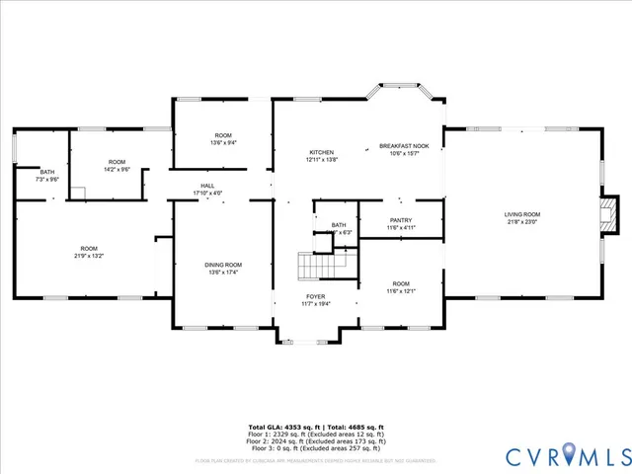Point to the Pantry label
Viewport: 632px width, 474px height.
pos(401,220)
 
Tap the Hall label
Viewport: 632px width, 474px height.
pos(207,186)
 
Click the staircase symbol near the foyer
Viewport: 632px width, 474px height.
pos(317,267)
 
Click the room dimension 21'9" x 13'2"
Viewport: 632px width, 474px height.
pos(89,256)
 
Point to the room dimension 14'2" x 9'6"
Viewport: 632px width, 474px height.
pos(118,170)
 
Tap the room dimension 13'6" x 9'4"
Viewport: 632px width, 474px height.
pos(223,143)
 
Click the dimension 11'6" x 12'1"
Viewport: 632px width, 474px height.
pos(401,290)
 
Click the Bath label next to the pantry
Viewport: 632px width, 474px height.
pos(339,225)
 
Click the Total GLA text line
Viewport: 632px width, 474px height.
pos(315,427)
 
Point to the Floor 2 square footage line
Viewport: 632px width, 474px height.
pos(315,440)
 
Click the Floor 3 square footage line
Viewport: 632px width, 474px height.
pos(315,447)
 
